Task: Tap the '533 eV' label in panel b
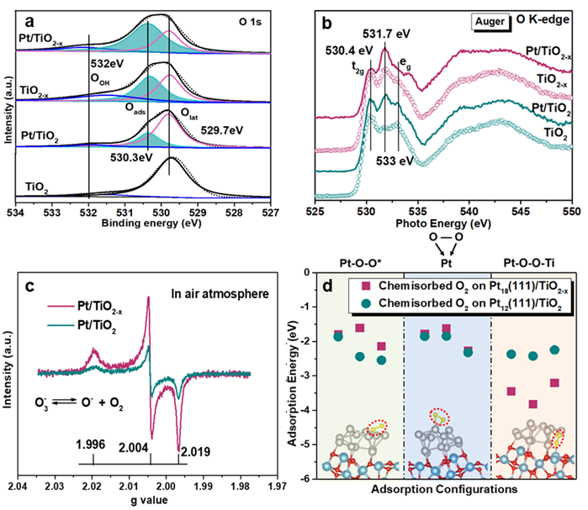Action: (x=392, y=158)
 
